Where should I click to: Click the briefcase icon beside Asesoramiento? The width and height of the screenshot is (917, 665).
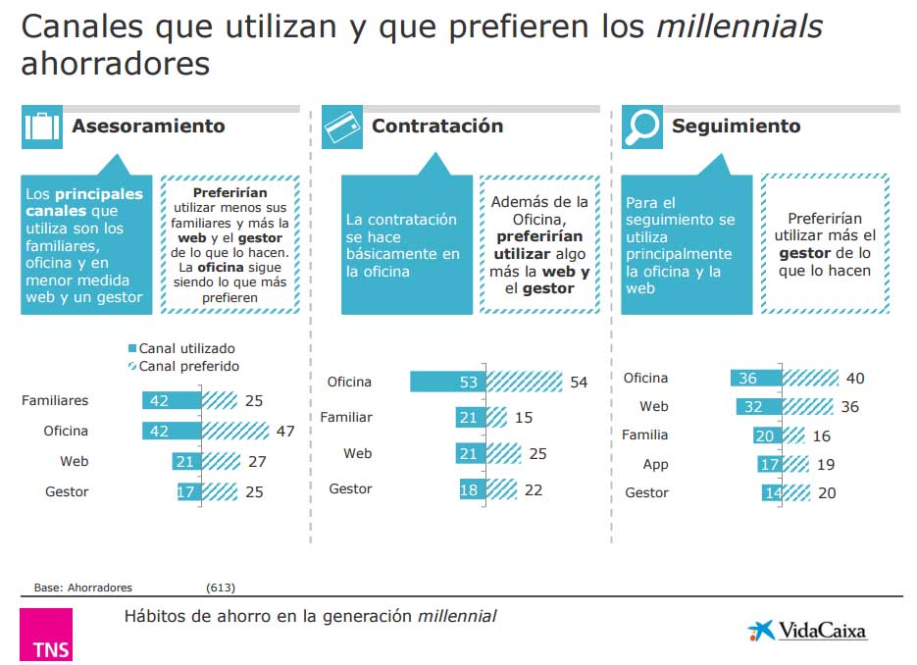(41, 127)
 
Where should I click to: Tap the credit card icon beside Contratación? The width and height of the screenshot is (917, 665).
(342, 127)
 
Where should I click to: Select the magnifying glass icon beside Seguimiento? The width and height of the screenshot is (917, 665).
(642, 127)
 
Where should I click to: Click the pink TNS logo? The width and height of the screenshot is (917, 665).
(46, 635)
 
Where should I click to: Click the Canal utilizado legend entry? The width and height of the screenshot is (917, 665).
(181, 348)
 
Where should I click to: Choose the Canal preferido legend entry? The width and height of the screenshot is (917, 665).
(183, 366)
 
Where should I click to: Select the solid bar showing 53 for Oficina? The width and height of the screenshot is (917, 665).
(448, 382)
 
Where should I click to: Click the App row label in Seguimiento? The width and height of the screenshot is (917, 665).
(655, 464)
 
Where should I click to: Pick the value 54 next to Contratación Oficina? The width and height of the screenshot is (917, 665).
(579, 383)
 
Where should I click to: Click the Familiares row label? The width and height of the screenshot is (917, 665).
(55, 400)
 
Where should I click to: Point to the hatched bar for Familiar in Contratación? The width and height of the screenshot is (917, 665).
(497, 418)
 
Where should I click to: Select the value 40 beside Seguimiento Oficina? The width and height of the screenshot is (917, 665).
(854, 379)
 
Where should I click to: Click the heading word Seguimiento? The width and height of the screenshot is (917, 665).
(736, 127)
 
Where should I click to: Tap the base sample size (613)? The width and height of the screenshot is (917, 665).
(221, 588)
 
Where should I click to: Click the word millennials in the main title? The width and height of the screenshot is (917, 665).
(739, 26)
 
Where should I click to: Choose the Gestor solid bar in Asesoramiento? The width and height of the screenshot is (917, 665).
(186, 491)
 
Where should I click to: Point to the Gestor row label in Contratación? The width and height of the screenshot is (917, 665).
(350, 488)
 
